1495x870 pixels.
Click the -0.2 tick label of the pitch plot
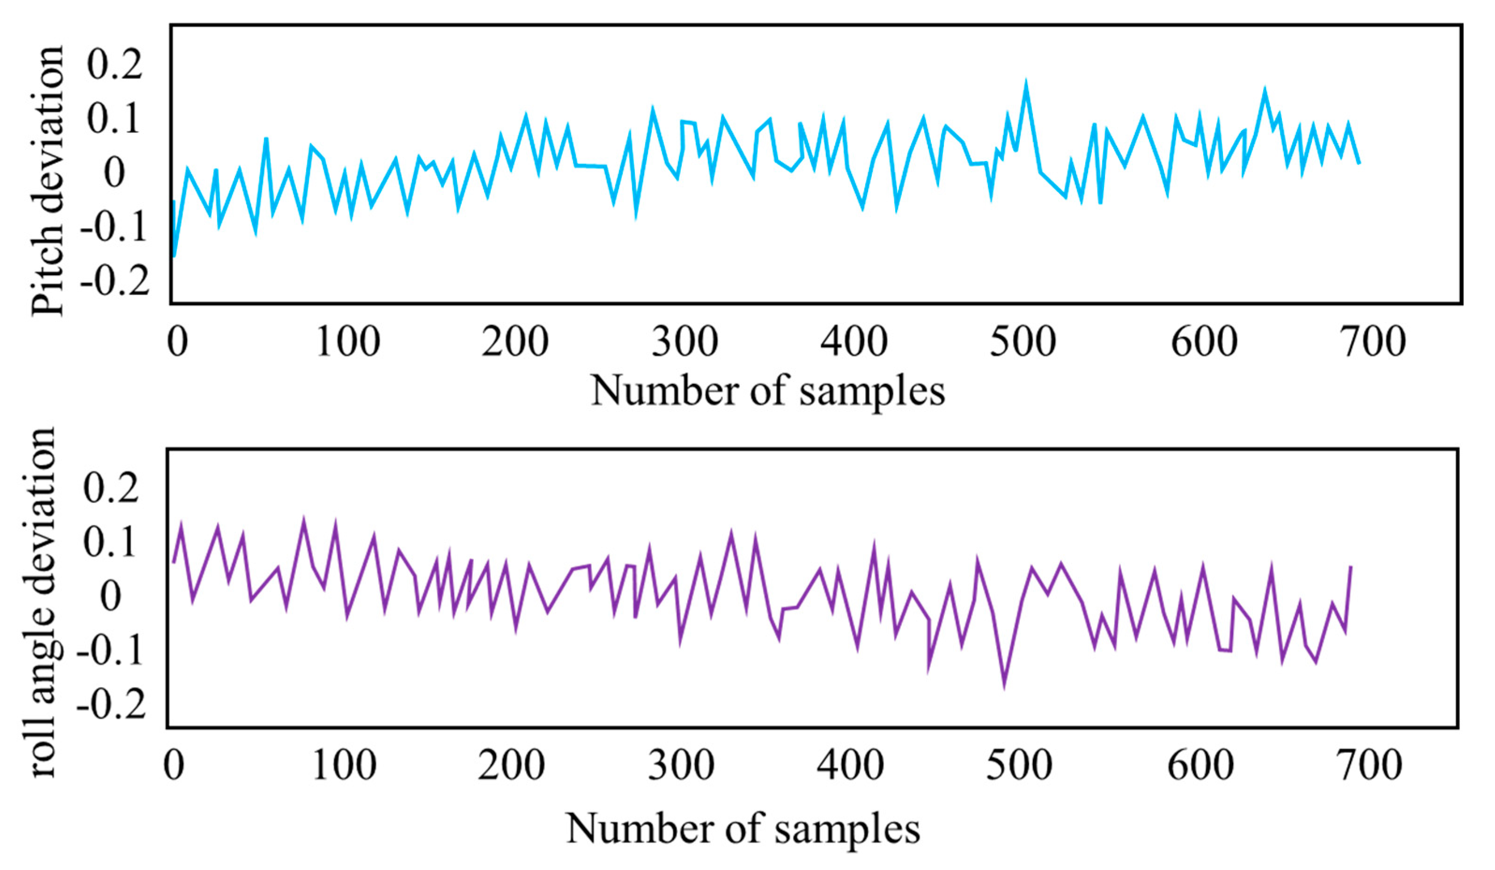coord(115,280)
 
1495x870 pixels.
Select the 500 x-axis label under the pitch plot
coord(1023,342)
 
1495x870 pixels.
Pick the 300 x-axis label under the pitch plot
coord(685,342)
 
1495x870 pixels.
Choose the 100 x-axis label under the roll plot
coord(344,766)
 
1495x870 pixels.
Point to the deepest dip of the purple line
coord(1004,686)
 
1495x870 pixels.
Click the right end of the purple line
coord(1351,566)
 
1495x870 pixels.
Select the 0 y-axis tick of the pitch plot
coord(115,173)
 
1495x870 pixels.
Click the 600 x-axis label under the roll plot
coord(1201,766)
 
